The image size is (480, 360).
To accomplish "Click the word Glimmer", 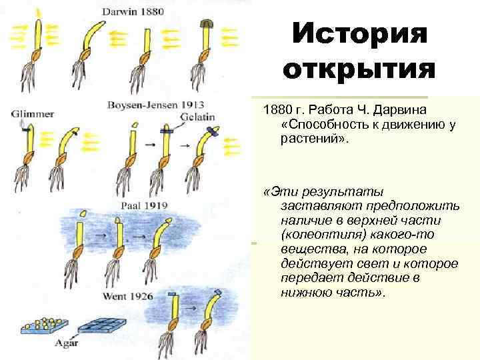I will [x=31, y=114].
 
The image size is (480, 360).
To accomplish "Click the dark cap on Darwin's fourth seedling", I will [x=207, y=24].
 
